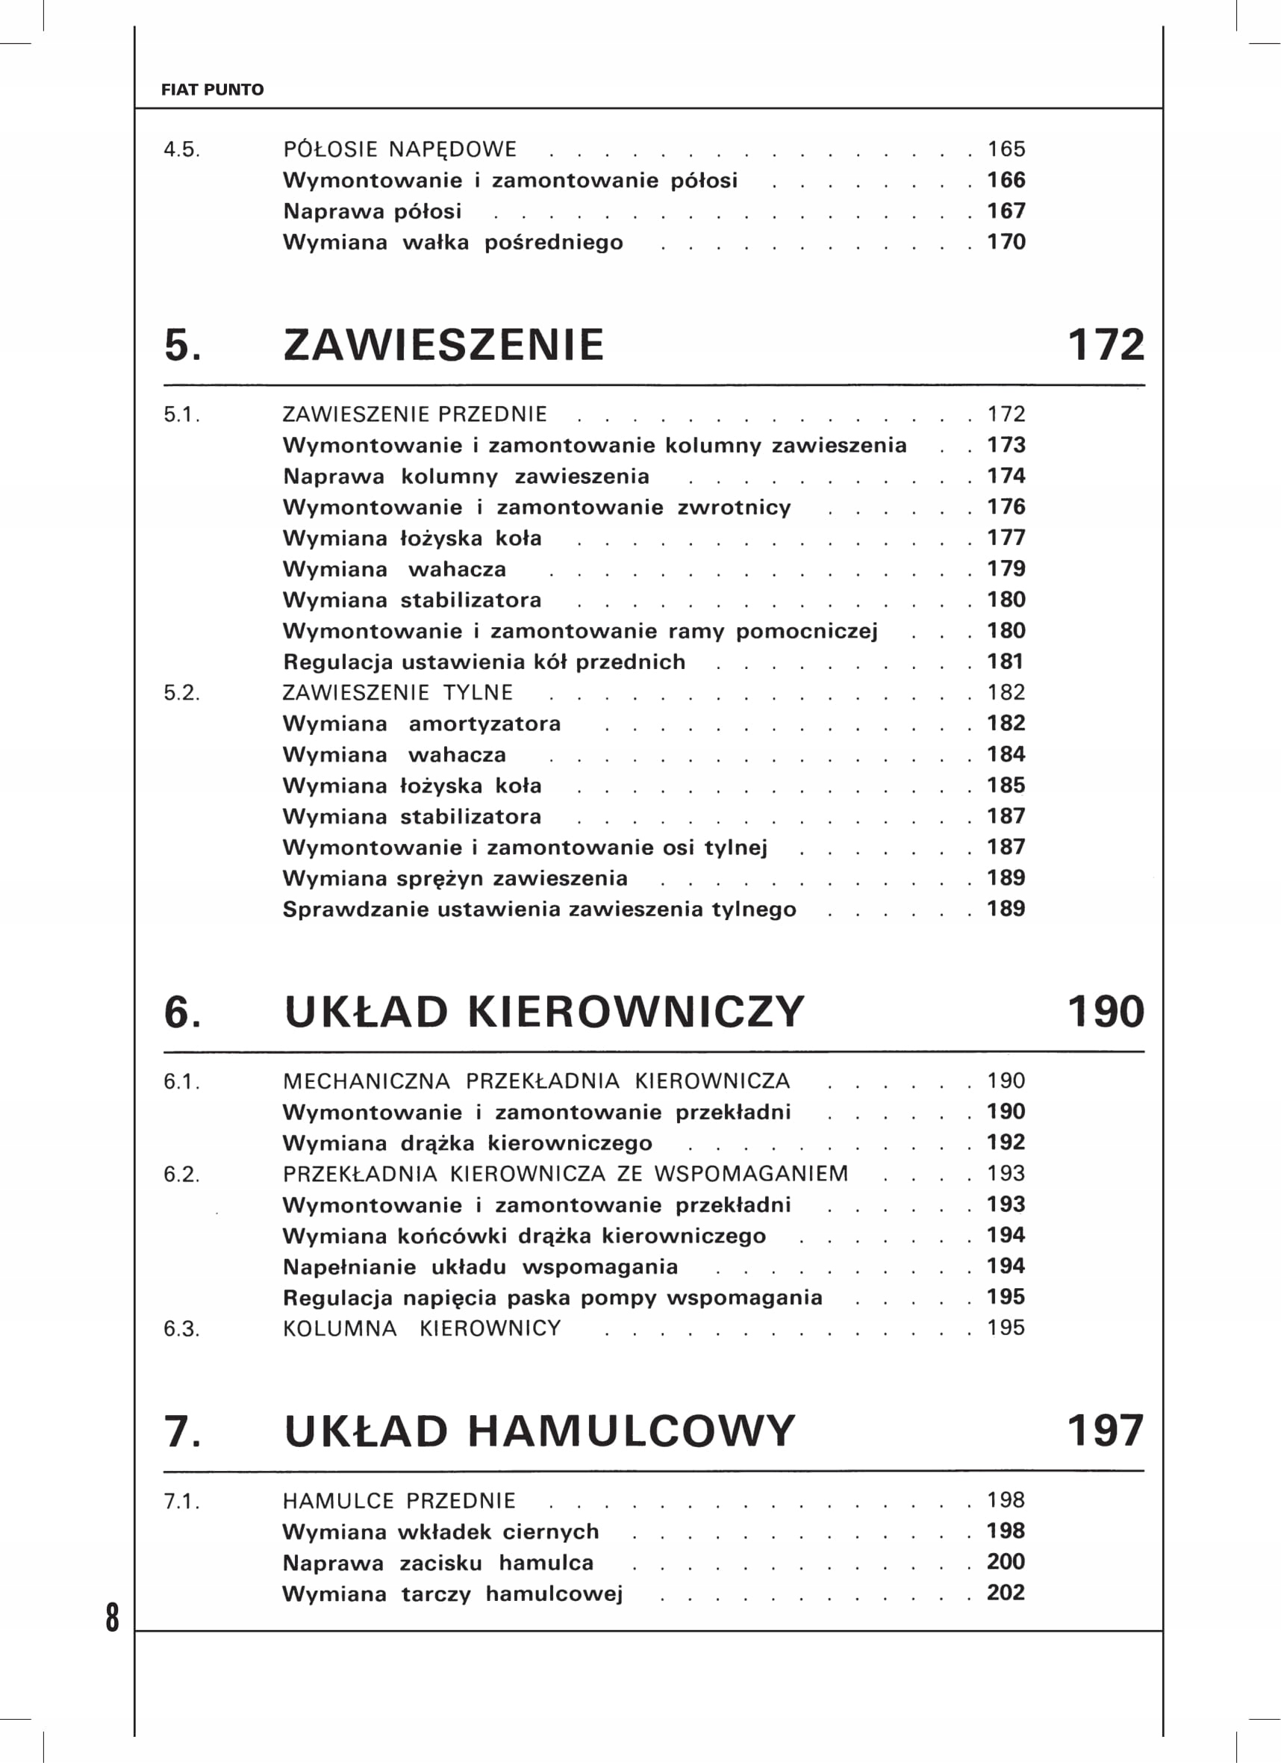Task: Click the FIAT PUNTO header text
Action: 212,90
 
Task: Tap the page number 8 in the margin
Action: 113,1617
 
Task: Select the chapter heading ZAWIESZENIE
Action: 443,345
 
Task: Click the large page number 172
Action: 1106,345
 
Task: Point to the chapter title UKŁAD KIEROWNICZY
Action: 543,1012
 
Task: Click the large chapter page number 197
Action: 1106,1430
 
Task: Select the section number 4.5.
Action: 181,150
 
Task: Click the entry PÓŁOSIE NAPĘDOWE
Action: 399,149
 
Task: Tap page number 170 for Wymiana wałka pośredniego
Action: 1006,242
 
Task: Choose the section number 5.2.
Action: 181,694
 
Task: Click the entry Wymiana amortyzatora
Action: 421,724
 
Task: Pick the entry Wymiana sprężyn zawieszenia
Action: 455,878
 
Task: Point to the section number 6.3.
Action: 181,1329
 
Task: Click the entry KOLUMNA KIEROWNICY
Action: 421,1328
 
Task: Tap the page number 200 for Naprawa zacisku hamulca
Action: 1006,1561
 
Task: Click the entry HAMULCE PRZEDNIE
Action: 399,1501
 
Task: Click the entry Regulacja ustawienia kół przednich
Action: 484,662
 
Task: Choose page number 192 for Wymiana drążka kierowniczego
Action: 1006,1142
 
